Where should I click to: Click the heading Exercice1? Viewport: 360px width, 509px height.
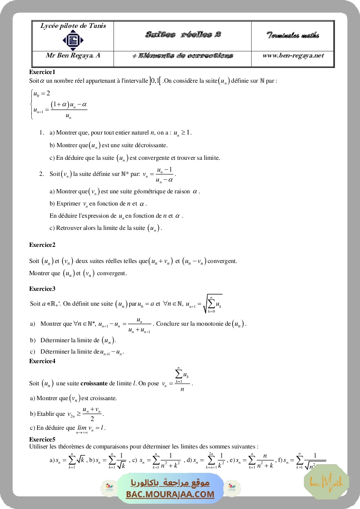click(42, 72)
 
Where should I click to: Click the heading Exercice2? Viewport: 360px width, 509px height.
click(42, 245)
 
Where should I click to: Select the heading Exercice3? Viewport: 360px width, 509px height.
click(42, 289)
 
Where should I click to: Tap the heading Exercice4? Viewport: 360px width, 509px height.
click(42, 361)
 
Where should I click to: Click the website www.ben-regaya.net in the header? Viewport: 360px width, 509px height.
click(293, 56)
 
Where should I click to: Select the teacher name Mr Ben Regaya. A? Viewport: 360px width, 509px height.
click(73, 56)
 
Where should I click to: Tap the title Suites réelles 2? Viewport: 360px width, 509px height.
click(182, 35)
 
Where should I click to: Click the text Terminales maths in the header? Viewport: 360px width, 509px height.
click(293, 35)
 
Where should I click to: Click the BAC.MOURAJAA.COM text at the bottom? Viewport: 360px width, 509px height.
click(170, 494)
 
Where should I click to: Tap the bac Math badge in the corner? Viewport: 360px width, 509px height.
click(326, 482)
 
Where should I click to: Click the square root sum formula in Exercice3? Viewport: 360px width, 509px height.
click(212, 304)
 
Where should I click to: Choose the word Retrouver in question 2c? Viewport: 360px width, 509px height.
click(67, 228)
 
